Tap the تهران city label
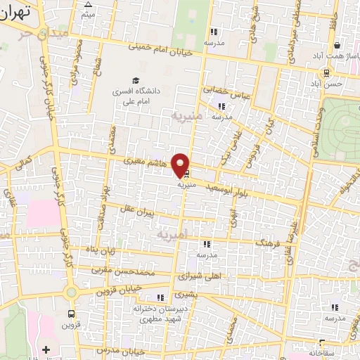point(16,12)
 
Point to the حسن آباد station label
point(329,84)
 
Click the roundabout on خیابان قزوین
point(70,292)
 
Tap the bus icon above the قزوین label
point(70,314)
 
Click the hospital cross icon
point(46,349)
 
